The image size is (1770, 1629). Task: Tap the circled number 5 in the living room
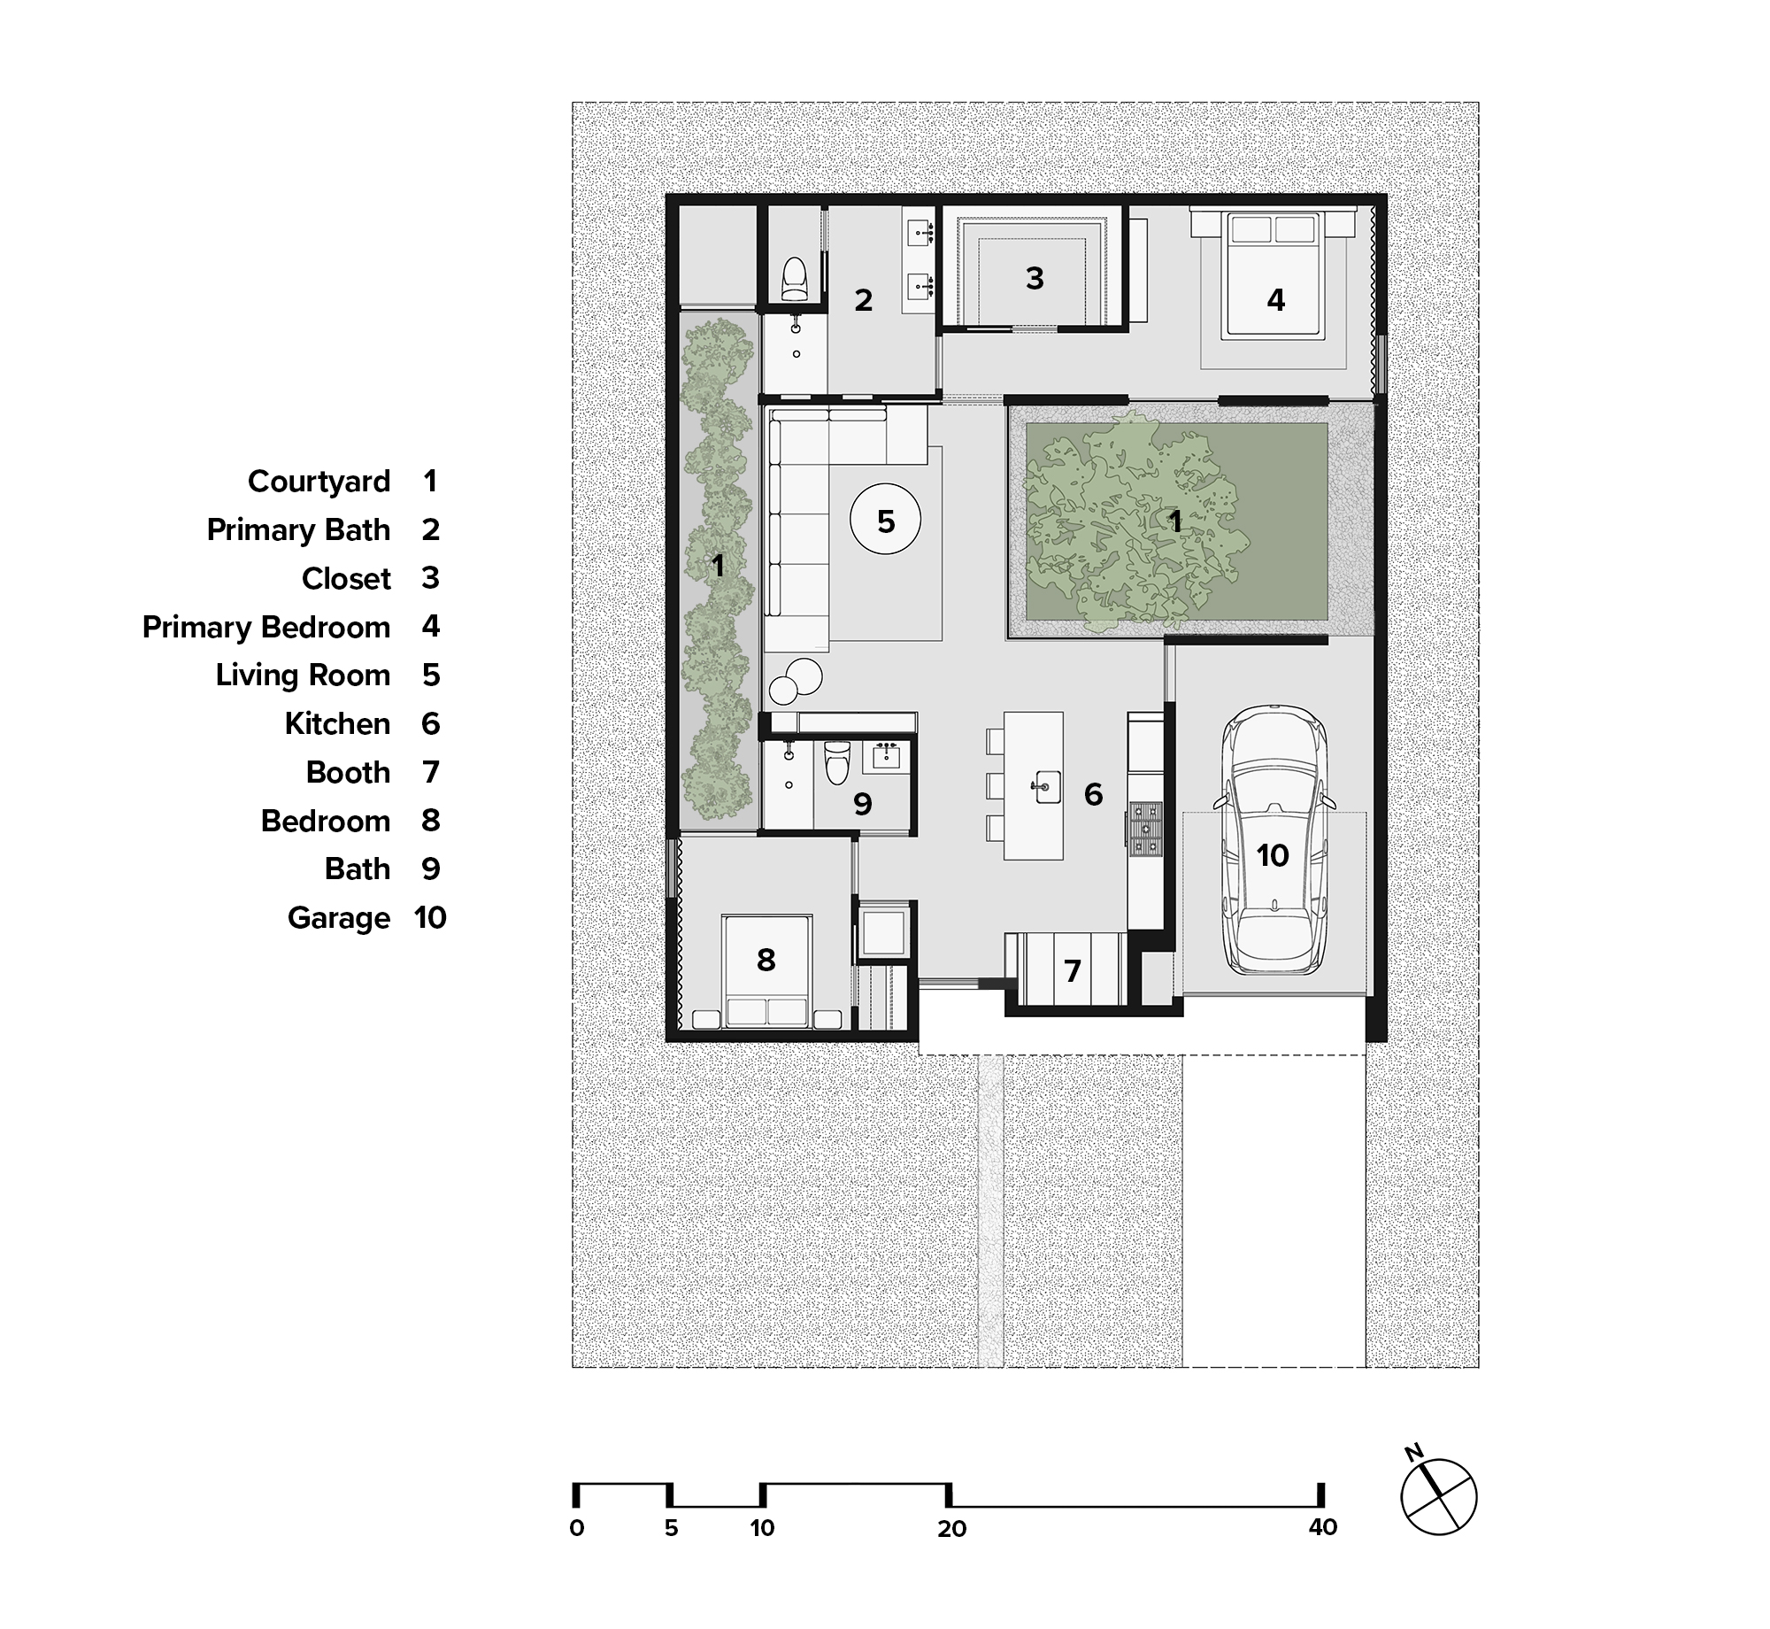pyautogui.click(x=886, y=521)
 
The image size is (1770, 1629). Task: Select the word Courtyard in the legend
pyautogui.click(x=319, y=482)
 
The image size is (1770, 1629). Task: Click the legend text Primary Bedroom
pyautogui.click(x=265, y=627)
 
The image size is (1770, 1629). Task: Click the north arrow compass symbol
pyautogui.click(x=1439, y=1496)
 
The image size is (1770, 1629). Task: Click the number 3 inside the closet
pyautogui.click(x=1035, y=279)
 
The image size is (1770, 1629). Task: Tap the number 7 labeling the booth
pyautogui.click(x=1073, y=971)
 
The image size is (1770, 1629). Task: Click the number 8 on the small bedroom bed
pyautogui.click(x=766, y=960)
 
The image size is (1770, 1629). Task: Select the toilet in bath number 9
pyautogui.click(x=835, y=762)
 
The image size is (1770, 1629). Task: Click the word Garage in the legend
pyautogui.click(x=338, y=918)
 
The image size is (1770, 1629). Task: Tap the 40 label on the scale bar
pyautogui.click(x=1322, y=1528)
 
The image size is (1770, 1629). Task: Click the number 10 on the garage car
pyautogui.click(x=1273, y=855)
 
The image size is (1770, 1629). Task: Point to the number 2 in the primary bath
pyautogui.click(x=864, y=300)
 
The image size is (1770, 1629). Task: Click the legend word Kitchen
pyautogui.click(x=337, y=724)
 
